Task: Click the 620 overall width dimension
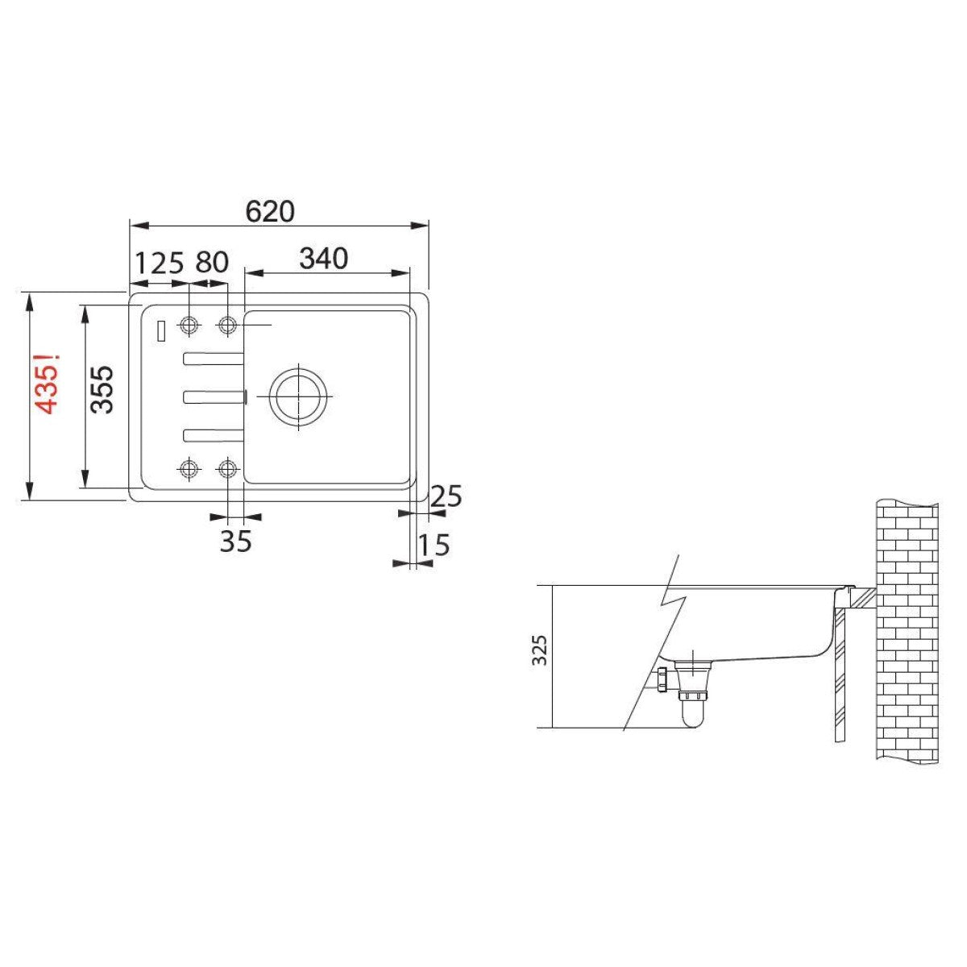270,211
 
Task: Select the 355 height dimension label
102,389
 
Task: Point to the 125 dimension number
159,263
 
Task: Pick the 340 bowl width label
324,259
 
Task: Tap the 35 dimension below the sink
236,541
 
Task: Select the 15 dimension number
434,545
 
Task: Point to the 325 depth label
539,650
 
